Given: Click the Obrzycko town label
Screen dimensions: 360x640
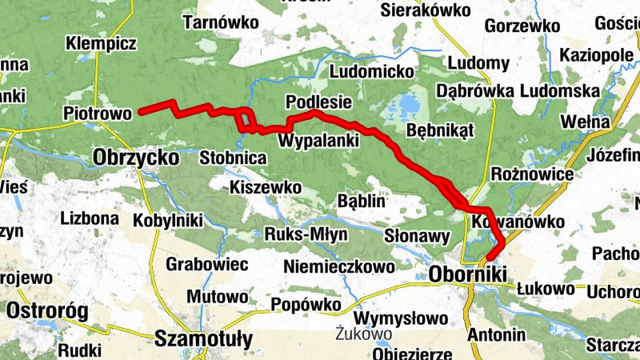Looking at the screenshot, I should click(135, 158).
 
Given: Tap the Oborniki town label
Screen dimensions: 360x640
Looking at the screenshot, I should click(468, 274).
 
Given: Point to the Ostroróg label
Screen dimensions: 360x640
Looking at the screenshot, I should click(46, 310).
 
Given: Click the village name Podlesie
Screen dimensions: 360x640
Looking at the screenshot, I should click(318, 102).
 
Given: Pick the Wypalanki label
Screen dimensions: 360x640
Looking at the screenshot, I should click(318, 141).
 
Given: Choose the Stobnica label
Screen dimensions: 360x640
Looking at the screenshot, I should click(233, 158).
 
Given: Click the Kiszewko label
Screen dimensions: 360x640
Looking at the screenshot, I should click(265, 187).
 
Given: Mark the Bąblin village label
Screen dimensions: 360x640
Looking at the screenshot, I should click(362, 200).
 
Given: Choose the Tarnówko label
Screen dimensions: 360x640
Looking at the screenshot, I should click(221, 23).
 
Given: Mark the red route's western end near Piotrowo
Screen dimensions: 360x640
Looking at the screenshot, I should click(141, 112).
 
